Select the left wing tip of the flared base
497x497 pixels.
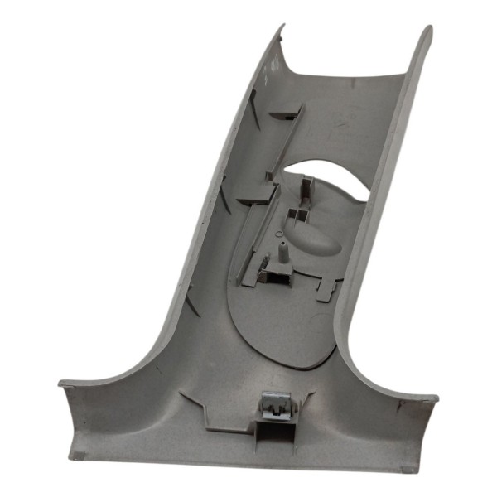pyautogui.click(x=63, y=386)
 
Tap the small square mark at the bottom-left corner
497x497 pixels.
pyautogui.click(x=75, y=455)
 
